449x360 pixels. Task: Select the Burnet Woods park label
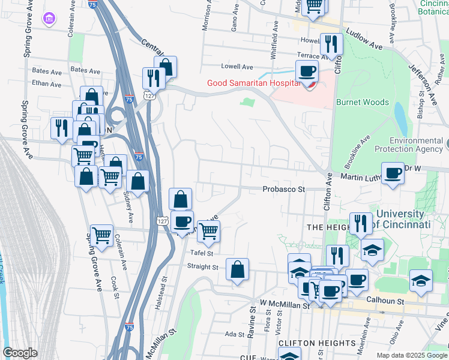tap(362, 103)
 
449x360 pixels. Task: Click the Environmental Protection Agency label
tap(408, 144)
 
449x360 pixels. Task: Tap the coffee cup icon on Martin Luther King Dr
tap(393, 173)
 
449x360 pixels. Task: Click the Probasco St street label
tap(284, 189)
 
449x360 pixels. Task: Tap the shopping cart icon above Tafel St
tap(208, 230)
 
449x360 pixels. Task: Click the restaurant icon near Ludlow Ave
tap(331, 44)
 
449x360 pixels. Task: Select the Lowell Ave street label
tap(237, 67)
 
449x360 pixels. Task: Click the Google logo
tap(20, 353)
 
